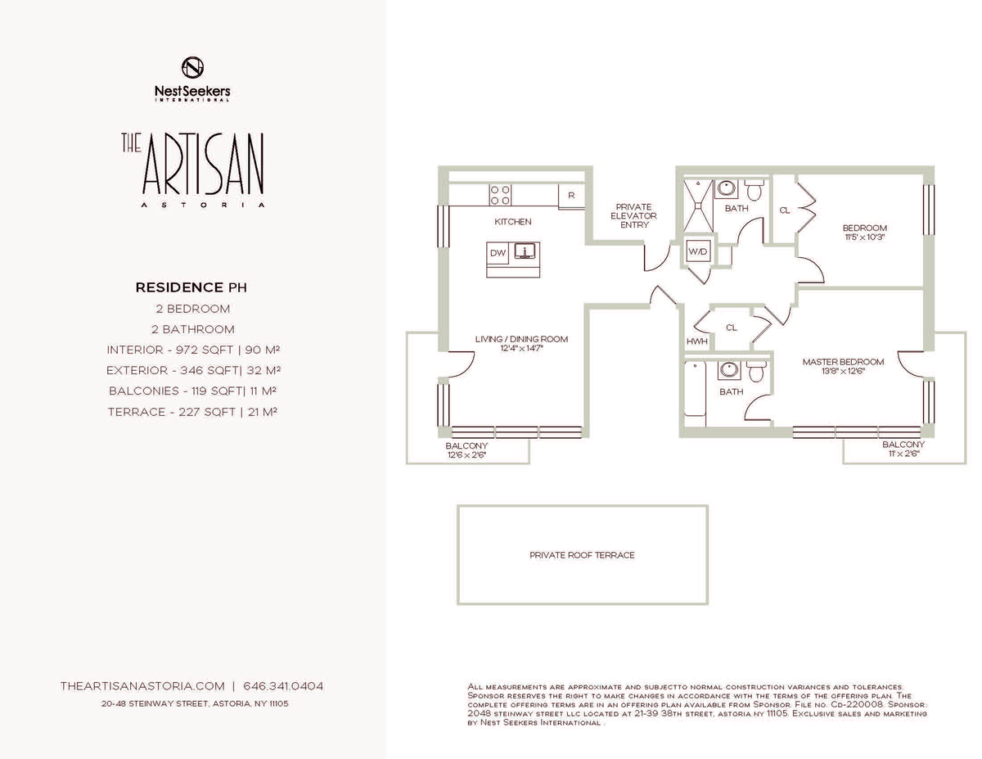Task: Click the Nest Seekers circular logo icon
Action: click(x=192, y=67)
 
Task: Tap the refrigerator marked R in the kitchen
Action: click(x=572, y=196)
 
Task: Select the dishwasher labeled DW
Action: click(x=498, y=253)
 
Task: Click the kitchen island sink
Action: click(x=525, y=251)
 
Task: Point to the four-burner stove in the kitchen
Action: click(x=500, y=195)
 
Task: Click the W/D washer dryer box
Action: click(x=697, y=251)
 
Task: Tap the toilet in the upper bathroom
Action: click(x=754, y=190)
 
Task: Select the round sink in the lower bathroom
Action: click(x=729, y=369)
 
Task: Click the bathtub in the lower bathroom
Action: click(x=695, y=389)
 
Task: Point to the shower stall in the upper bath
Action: click(x=698, y=206)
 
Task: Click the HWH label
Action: click(x=697, y=341)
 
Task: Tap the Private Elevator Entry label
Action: click(x=633, y=215)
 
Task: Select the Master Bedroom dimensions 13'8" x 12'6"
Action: click(x=843, y=372)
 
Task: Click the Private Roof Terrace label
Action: click(x=582, y=555)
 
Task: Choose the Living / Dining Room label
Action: click(x=521, y=339)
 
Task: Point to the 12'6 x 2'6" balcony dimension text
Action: click(x=466, y=454)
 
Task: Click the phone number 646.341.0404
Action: click(x=283, y=686)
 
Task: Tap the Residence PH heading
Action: click(x=191, y=287)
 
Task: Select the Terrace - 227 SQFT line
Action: click(x=192, y=412)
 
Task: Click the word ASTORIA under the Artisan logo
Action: click(x=204, y=205)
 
